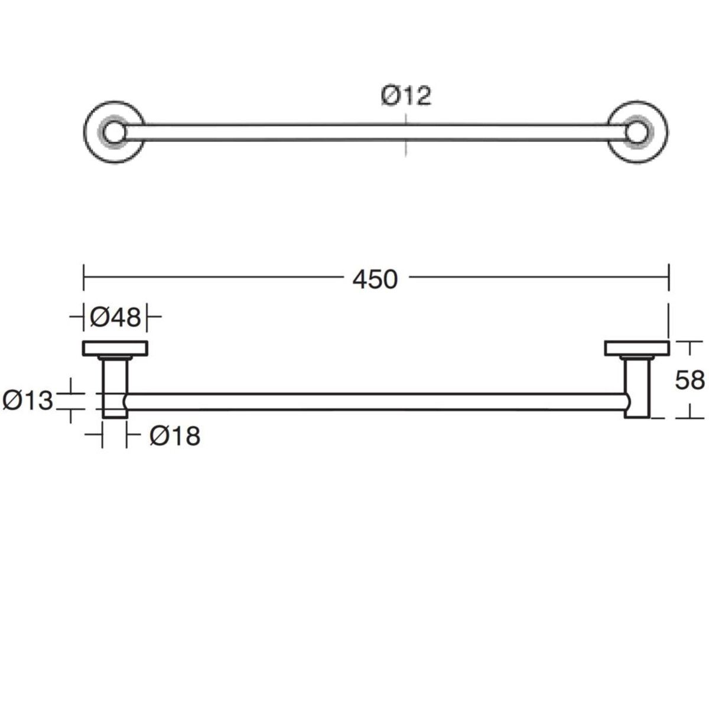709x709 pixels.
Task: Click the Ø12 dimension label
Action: (x=406, y=95)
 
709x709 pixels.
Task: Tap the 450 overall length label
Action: (x=375, y=279)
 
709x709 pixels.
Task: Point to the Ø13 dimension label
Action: (x=28, y=401)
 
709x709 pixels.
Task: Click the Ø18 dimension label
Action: (x=175, y=436)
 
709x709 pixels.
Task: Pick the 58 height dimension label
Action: (x=690, y=380)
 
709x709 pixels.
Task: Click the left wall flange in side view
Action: (x=115, y=349)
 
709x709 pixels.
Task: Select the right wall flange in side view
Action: (x=636, y=349)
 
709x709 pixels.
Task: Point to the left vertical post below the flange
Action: (x=115, y=388)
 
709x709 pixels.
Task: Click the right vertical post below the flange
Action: (x=636, y=388)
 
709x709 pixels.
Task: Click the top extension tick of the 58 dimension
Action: (x=688, y=342)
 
